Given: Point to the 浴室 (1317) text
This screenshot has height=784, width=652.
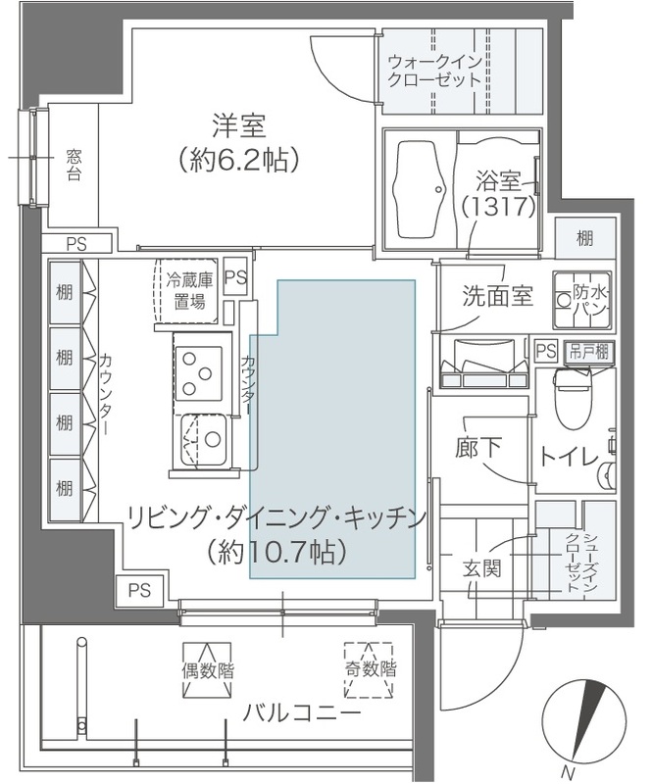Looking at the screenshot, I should tap(497, 194).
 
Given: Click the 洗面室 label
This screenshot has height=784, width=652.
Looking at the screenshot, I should tap(498, 295).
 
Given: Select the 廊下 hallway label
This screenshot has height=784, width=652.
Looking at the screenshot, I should tap(479, 447).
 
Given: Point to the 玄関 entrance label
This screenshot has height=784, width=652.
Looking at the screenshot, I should tap(482, 567).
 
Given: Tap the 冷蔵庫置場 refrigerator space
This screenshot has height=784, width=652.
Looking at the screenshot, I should tap(186, 289).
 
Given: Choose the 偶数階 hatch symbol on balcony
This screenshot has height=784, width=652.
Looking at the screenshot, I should tap(207, 671).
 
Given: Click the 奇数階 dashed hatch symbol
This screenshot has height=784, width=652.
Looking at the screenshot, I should tap(369, 670).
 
